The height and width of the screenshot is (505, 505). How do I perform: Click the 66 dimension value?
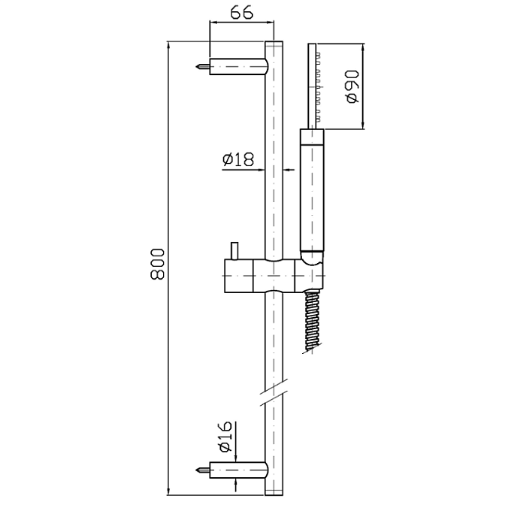(x=242, y=13)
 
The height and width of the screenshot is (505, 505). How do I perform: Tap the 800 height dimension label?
(x=158, y=264)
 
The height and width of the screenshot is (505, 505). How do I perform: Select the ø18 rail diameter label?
(x=238, y=159)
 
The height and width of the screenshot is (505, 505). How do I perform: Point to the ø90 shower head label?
(x=352, y=86)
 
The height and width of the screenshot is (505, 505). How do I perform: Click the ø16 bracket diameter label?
(x=225, y=437)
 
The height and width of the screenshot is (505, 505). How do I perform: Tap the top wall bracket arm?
(x=239, y=67)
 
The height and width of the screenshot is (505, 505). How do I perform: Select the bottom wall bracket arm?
(x=239, y=470)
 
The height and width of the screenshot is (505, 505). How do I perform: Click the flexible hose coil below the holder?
(x=313, y=322)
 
